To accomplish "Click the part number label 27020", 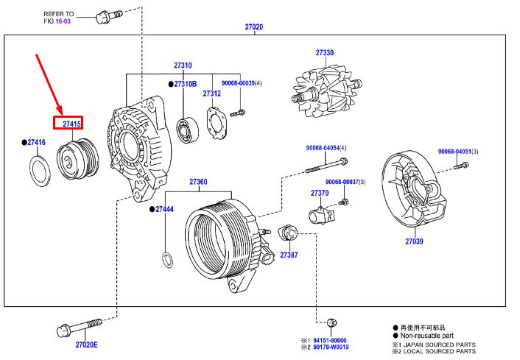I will [253, 27].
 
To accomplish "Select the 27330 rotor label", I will [324, 53].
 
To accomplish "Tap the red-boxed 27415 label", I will [71, 123].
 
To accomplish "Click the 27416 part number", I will [35, 142].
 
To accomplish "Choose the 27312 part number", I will [211, 93].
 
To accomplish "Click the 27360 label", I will [198, 182].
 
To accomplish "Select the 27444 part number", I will [164, 210].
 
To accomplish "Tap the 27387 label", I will [289, 255].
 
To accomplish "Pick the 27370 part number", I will [320, 193].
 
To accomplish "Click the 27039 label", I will [414, 241].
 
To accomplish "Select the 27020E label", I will [85, 345].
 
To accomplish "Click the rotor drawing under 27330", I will [323, 91].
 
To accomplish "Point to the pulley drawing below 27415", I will [76, 158].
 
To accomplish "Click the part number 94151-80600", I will [328, 339].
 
